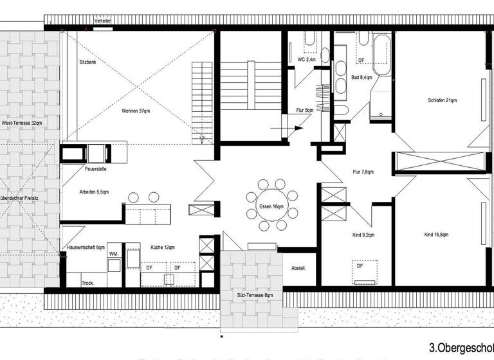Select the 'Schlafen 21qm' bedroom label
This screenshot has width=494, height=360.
(x=442, y=100)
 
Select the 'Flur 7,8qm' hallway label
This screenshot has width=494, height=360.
(x=363, y=172)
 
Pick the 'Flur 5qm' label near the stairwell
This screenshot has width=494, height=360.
(x=305, y=111)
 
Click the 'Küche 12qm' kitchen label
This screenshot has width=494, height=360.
(x=162, y=248)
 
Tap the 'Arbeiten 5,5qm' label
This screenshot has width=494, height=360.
(x=94, y=192)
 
